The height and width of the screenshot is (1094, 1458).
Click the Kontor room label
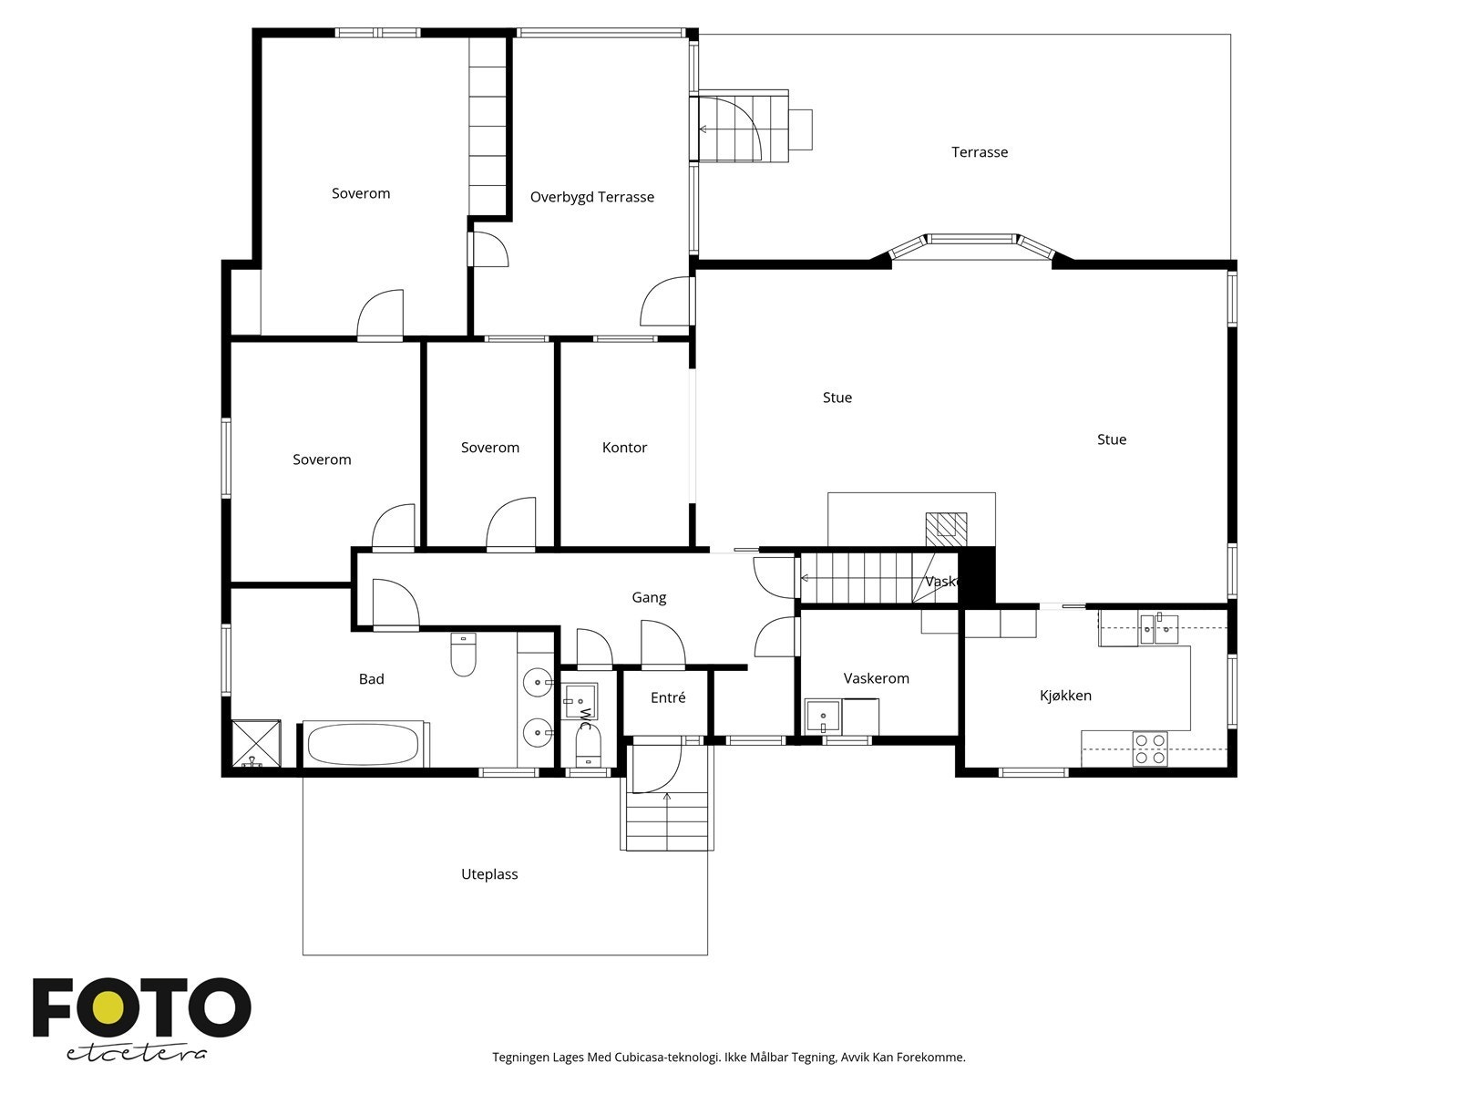pos(624,448)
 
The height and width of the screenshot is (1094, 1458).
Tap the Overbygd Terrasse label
pos(592,197)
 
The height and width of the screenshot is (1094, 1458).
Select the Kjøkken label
pos(1065,696)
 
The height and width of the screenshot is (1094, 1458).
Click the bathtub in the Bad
pos(364,744)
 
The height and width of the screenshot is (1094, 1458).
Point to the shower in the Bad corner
pos(255,743)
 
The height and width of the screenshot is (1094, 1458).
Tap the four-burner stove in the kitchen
pos(1150,748)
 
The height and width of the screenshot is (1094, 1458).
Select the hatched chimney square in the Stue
pos(946,528)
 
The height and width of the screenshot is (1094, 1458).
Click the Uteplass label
pos(489,874)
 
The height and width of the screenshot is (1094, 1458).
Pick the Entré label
pos(668,697)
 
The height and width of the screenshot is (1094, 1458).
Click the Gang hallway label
pos(649,598)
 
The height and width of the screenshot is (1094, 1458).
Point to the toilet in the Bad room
pos(464,655)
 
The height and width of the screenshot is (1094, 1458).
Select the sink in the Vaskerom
pos(823,717)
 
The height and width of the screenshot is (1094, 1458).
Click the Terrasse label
pos(980,152)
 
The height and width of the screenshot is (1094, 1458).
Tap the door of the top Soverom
pos(380,315)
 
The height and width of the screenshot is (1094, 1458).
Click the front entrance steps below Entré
pos(667,820)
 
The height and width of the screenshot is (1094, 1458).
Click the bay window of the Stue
pos(971,241)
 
